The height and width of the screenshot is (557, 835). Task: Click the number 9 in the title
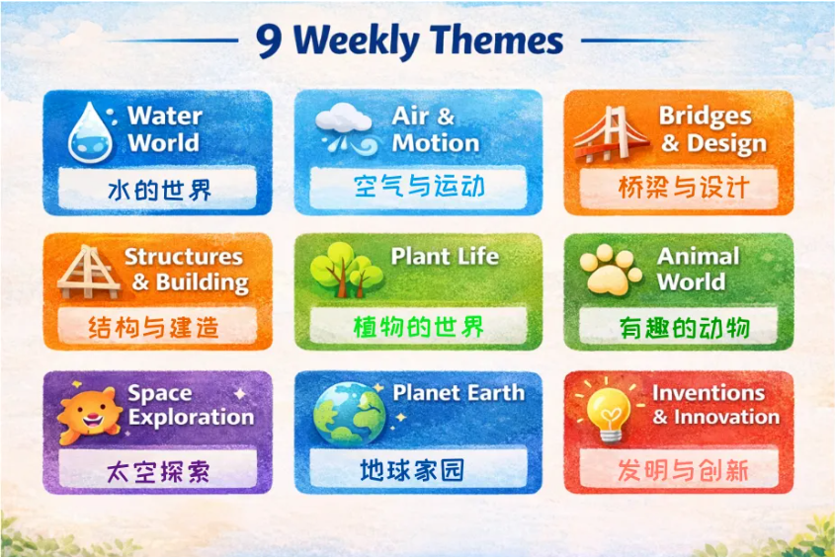coord(270,41)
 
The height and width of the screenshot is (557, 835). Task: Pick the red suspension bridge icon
coord(610,133)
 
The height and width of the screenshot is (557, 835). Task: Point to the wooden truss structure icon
coord(88,271)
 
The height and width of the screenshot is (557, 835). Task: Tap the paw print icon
coord(610,270)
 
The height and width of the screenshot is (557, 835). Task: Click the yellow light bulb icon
coord(609,407)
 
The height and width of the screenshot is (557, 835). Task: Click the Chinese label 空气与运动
coord(419,187)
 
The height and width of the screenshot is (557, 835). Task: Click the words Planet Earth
coord(458,392)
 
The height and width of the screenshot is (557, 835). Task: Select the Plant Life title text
coord(445,256)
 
